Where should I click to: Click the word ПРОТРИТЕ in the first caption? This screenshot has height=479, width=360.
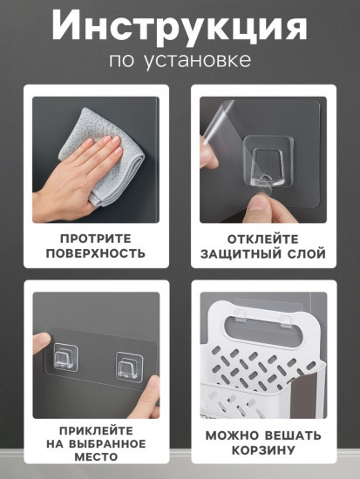coord(97,237)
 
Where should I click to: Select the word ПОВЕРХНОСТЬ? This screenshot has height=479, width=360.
coord(97,254)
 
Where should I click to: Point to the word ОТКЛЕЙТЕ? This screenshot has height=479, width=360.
coord(263,237)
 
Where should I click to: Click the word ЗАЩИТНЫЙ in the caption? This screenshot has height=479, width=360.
coord(238,254)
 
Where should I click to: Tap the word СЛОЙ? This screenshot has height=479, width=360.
coord(305,254)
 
